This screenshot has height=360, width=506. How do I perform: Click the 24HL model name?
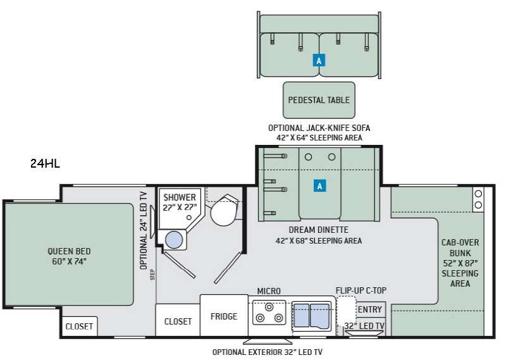45,163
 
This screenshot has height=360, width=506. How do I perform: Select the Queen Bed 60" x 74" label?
69,256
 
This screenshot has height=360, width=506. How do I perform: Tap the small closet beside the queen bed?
80,326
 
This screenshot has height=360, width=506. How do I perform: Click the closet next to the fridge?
178,321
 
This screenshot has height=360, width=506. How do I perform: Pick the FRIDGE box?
224,316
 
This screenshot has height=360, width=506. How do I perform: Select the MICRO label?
268,290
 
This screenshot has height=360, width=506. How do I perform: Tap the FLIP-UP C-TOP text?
361,290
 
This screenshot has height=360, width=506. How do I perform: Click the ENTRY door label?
369,309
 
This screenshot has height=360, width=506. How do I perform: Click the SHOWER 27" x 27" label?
180,202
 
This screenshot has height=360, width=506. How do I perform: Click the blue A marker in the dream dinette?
320,186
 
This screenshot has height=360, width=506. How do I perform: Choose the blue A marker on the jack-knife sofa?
319,61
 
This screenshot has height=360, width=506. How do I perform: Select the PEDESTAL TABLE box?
319,100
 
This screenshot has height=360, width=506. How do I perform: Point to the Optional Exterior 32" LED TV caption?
270,352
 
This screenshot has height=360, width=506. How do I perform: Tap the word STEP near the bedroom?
152,274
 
